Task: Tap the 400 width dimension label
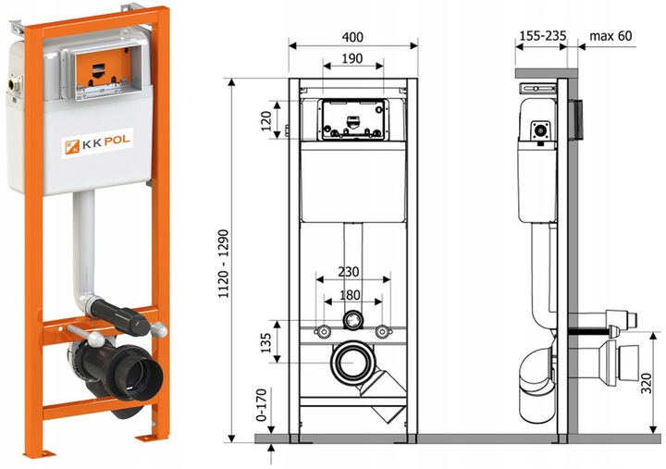pos(351,37)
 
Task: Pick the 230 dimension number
pos(349,273)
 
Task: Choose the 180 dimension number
pos(350,296)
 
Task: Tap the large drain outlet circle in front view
pos(352,363)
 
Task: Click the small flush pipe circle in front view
pos(351,321)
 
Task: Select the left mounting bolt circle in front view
pos(324,332)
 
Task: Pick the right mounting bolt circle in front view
pos(380,332)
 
